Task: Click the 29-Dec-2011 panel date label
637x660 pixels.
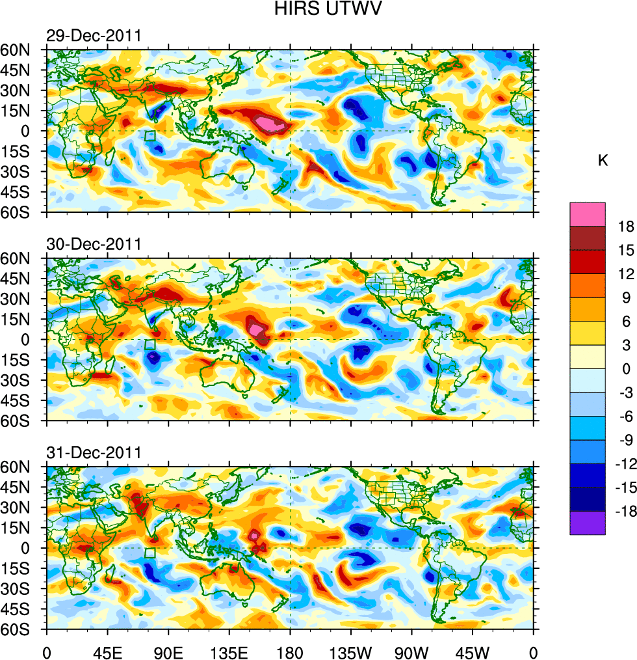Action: click(94, 36)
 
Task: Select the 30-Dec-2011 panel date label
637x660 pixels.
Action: click(94, 245)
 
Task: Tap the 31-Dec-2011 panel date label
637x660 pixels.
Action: click(94, 453)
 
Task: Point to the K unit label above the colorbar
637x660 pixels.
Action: click(603, 159)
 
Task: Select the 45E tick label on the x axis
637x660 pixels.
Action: click(107, 652)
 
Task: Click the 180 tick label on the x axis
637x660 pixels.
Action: click(290, 652)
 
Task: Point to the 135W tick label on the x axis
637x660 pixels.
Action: click(351, 652)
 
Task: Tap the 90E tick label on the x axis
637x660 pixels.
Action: click(168, 652)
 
